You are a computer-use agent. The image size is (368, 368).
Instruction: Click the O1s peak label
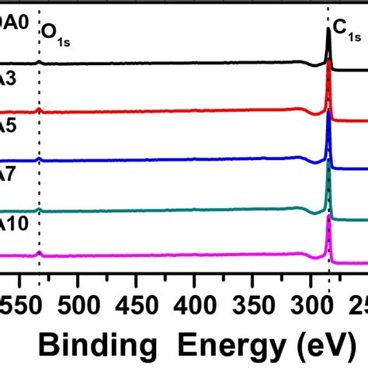[x=57, y=32]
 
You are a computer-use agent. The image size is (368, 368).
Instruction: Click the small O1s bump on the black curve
[x=39, y=61]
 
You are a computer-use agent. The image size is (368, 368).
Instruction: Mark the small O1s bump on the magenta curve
[x=39, y=252]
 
